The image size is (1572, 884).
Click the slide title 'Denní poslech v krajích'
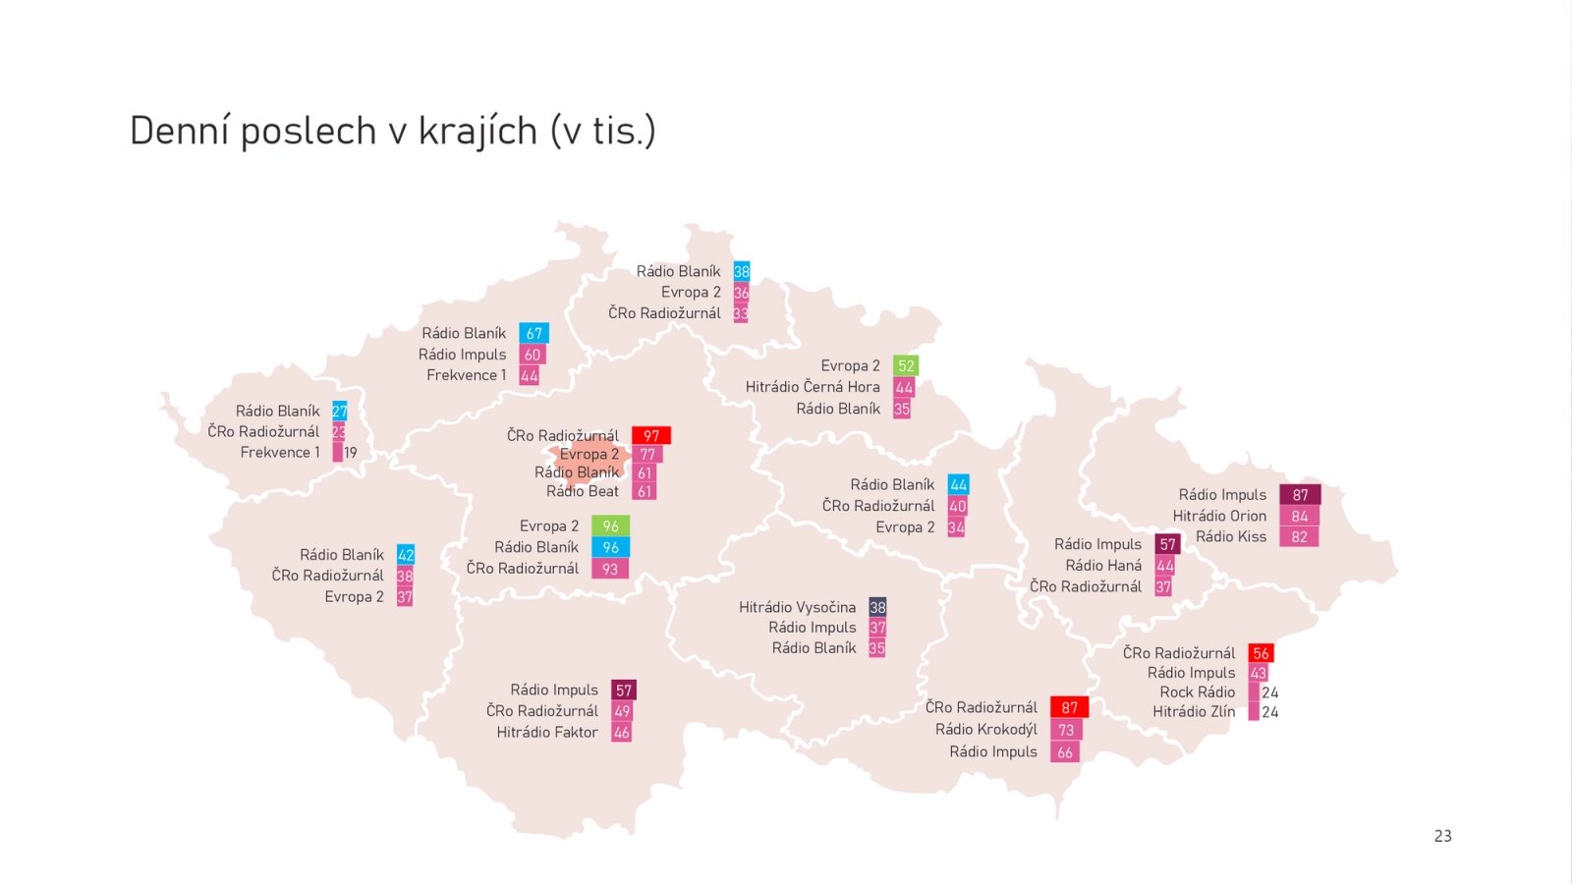[x=392, y=131]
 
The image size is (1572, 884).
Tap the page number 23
[x=1442, y=836]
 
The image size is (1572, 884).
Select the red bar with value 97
[x=650, y=435]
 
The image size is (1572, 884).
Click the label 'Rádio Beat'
[x=583, y=491]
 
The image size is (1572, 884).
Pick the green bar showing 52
[x=906, y=365]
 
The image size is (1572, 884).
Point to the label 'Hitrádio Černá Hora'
[x=813, y=387]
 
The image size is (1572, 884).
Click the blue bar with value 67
[x=533, y=334]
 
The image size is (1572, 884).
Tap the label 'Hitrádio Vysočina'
[x=797, y=607]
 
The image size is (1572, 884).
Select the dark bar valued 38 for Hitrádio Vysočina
[x=877, y=607]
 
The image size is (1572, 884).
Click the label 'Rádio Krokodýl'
[x=985, y=729]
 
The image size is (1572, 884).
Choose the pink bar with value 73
[x=1066, y=730]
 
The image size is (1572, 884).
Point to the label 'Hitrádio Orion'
[x=1219, y=516]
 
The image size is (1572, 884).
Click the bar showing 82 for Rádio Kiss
[x=1299, y=537]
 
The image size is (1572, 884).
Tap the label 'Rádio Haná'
[x=1103, y=566]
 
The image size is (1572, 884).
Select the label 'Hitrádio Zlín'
[x=1194, y=712]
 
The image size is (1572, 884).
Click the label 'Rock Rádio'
[x=1197, y=692]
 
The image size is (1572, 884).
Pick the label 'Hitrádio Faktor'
[x=547, y=733]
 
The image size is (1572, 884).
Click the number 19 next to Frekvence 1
[x=351, y=453]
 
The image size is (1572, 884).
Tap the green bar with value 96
[x=610, y=526]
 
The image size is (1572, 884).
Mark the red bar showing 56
[x=1261, y=653]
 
